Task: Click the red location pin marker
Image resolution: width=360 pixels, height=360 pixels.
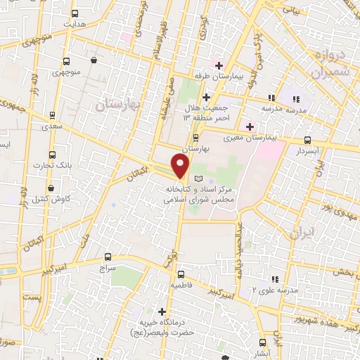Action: [x=181, y=166]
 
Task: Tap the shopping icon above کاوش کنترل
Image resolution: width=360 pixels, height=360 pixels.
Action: [x=52, y=188]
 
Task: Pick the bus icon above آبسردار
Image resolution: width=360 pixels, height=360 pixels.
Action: [x=308, y=141]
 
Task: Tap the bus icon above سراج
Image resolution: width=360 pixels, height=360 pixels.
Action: [x=108, y=257]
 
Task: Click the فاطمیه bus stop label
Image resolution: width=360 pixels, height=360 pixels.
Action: [x=181, y=285]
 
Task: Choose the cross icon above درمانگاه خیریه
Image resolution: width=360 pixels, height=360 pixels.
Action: [x=162, y=311]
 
